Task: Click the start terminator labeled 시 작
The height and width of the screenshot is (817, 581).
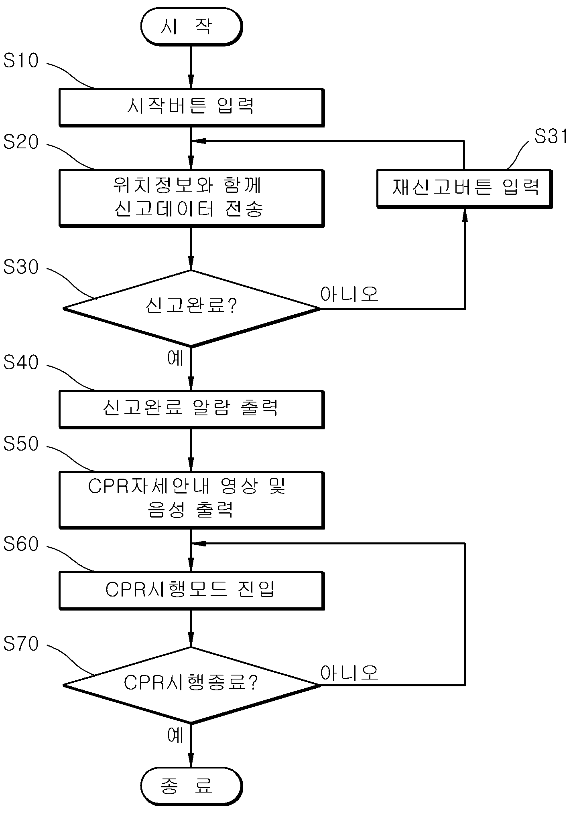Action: [x=191, y=26]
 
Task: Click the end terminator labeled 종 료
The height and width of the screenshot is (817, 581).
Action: [x=191, y=786]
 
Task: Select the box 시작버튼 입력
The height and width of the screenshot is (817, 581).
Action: [x=191, y=107]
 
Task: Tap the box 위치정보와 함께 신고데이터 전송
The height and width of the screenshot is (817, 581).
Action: [x=191, y=198]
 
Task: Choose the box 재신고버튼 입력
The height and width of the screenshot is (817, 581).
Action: [x=465, y=188]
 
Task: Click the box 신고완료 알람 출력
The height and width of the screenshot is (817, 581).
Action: [x=191, y=409]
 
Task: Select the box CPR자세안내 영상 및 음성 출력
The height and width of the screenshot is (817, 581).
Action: [x=191, y=500]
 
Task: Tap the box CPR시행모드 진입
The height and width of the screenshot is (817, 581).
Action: [x=191, y=591]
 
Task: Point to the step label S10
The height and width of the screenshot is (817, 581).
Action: [x=21, y=61]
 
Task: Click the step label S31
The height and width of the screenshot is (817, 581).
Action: [x=551, y=136]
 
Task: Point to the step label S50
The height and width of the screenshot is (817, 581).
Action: [x=21, y=444]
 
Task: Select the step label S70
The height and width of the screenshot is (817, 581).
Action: [x=21, y=644]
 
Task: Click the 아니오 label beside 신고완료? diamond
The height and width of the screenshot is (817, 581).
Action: [x=349, y=294]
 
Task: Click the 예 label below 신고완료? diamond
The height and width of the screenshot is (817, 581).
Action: [x=175, y=358]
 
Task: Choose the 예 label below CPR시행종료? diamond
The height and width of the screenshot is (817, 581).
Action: [x=175, y=735]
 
